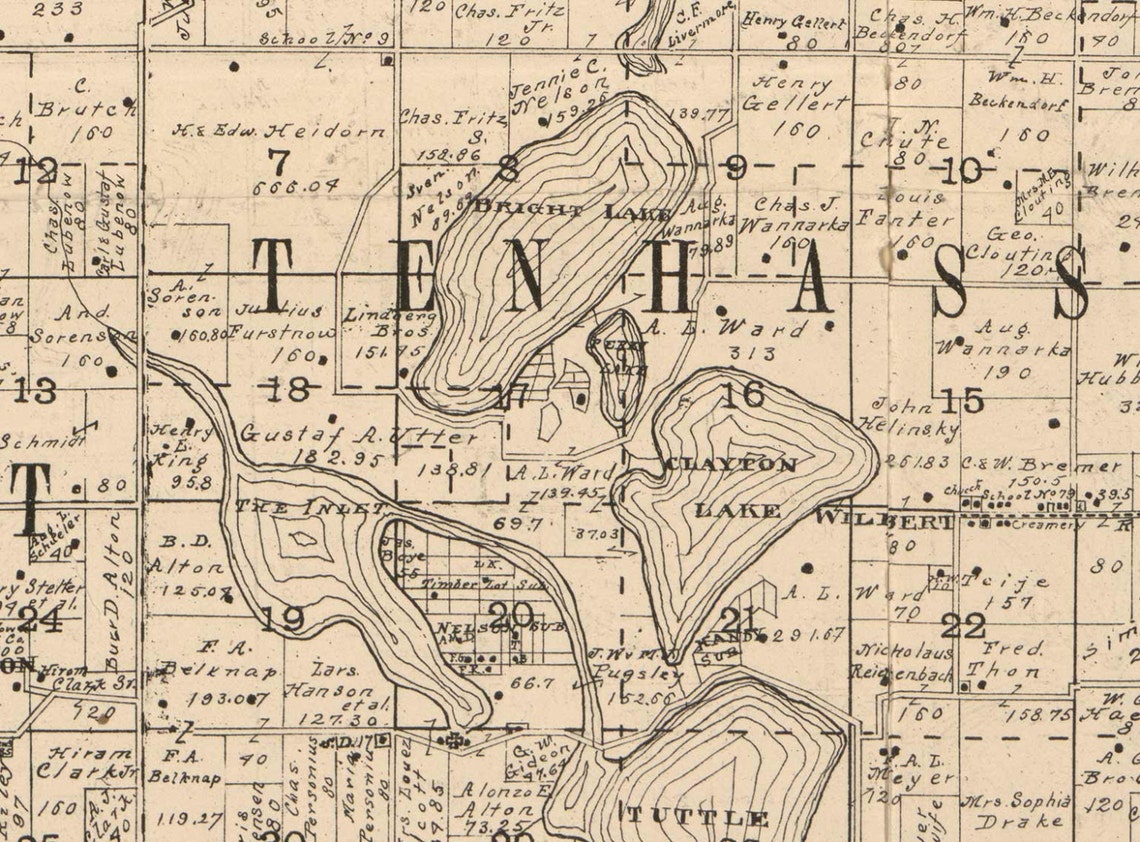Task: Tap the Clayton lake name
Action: coord(731,465)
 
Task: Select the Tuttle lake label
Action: coord(697,818)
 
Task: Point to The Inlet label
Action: coord(309,507)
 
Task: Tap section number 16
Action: coord(742,394)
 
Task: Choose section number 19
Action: coord(281,620)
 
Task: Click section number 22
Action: coord(963,626)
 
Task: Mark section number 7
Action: coord(278,159)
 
